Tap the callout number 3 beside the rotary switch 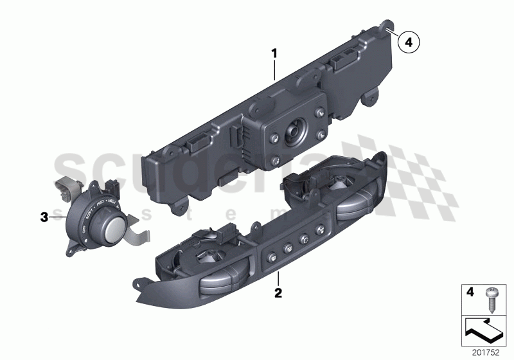tap(44, 217)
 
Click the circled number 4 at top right tap(408, 43)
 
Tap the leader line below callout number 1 tap(275, 71)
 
